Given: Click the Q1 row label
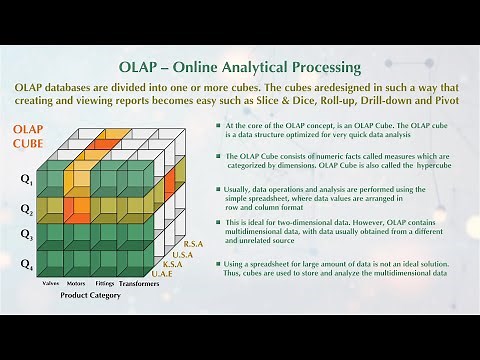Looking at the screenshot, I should (26, 182).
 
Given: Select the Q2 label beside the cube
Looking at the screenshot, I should (26, 210).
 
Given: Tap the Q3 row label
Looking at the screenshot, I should (26, 236).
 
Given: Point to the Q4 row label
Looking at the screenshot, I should (26, 266).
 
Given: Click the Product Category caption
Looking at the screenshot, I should (91, 296).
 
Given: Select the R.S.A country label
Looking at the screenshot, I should (195, 243).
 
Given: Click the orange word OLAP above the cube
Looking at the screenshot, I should (29, 130).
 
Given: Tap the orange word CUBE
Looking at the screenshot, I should (29, 146).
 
